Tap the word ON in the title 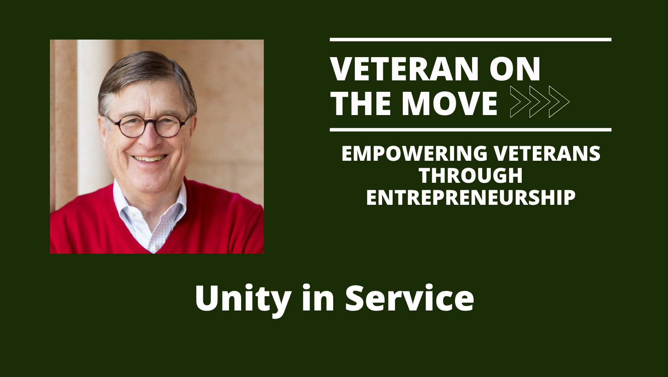(515, 69)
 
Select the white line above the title (470, 40)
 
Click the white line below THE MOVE (470, 130)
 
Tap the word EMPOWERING (414, 154)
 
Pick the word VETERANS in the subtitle (547, 154)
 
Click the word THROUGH (471, 176)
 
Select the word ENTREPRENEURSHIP (471, 198)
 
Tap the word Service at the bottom (409, 298)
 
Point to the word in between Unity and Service (318, 298)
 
